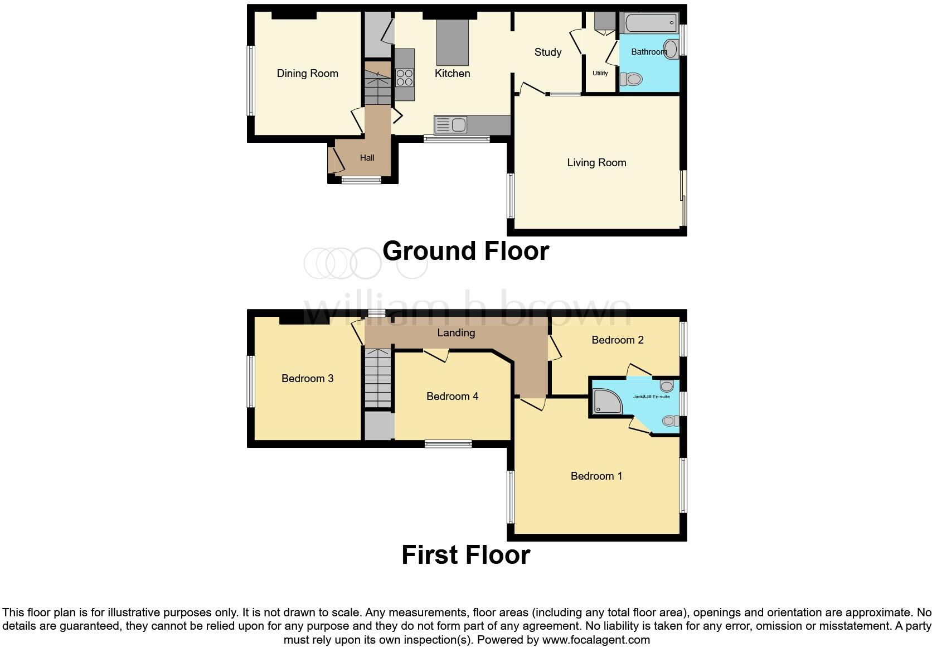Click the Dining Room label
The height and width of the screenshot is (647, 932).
307,73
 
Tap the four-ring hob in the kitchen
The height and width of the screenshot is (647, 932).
405,78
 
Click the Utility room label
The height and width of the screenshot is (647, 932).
600,73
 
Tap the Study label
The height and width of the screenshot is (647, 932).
547,52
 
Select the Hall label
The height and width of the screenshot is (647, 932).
367,158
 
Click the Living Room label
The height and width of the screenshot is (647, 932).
596,162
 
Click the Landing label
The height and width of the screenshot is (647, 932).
456,332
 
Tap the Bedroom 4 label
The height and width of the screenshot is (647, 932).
452,396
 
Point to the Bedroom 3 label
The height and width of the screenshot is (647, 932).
307,378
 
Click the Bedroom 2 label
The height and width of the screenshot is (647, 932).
617,340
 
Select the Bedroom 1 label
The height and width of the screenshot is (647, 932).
596,476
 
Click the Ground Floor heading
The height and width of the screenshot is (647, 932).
465,251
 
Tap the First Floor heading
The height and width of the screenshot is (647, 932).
465,555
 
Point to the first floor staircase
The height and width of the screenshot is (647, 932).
378,377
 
